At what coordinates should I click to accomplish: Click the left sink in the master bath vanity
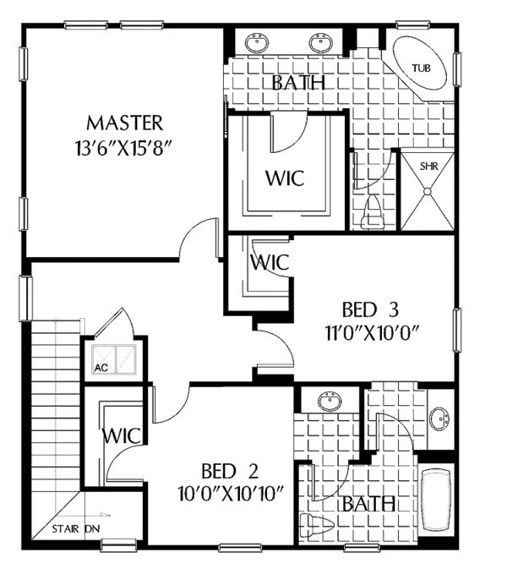pyautogui.click(x=257, y=42)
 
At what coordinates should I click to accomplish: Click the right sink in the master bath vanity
pyautogui.click(x=320, y=42)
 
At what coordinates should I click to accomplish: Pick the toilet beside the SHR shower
pyautogui.click(x=370, y=214)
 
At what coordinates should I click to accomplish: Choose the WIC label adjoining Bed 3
pyautogui.click(x=270, y=262)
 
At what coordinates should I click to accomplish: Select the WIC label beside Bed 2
pyautogui.click(x=121, y=436)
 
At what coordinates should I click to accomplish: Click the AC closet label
pyautogui.click(x=99, y=367)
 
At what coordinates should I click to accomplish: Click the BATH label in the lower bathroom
pyautogui.click(x=369, y=504)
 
